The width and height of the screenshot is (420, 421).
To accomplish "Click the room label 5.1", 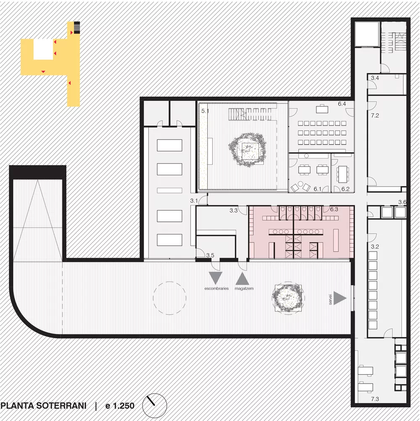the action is [x=205, y=111].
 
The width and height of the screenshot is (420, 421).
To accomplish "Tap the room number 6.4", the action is [x=342, y=104].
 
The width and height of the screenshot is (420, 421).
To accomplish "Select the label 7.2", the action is [x=375, y=116].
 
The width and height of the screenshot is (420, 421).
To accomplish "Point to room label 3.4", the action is [x=375, y=78].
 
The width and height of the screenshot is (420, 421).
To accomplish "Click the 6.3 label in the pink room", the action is [x=334, y=209].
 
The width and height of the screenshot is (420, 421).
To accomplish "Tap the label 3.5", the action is [x=210, y=255].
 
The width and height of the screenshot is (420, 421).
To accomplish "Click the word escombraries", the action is [x=217, y=289].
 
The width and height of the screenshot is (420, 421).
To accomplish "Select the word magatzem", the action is [x=244, y=289].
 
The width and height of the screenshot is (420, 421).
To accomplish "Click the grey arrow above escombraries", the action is [x=215, y=277].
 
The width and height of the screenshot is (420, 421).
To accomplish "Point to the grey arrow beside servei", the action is [x=339, y=298].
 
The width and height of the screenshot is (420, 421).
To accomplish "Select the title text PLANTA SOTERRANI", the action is [x=43, y=405].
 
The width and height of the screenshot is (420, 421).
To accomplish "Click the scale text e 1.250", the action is [x=120, y=405].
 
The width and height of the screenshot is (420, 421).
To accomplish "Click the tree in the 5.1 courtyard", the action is [x=247, y=150].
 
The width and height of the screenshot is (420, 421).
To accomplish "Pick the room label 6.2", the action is [x=345, y=189].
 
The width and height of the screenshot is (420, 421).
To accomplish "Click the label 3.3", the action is [x=234, y=210].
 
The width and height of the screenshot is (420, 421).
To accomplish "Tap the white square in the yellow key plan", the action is [x=43, y=49].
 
